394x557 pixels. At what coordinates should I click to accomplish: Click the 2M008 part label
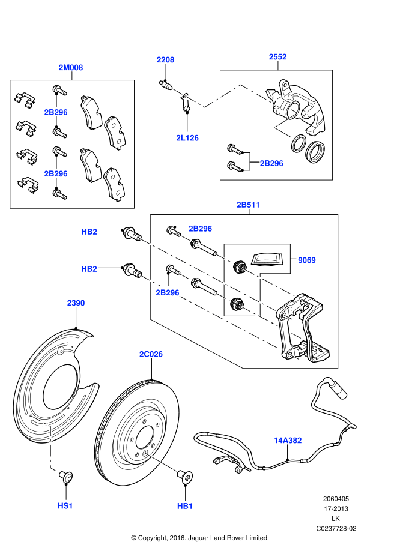71,68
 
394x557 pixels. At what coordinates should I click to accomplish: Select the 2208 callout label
165,59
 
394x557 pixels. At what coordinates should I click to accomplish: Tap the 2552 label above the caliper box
277,57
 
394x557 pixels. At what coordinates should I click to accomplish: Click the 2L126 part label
187,138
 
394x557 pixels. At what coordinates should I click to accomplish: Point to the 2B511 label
248,205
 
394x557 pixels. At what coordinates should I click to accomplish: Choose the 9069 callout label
306,260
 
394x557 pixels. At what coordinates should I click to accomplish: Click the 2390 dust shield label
76,303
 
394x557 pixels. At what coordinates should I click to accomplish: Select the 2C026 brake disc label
151,354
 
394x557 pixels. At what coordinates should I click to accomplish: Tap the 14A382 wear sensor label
288,440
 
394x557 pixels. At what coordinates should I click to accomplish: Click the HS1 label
65,506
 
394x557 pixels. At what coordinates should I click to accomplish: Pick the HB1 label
185,506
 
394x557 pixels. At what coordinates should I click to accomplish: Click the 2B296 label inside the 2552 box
271,163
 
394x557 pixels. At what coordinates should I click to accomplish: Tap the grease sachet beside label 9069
266,259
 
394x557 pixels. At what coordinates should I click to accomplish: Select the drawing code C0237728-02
336,529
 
